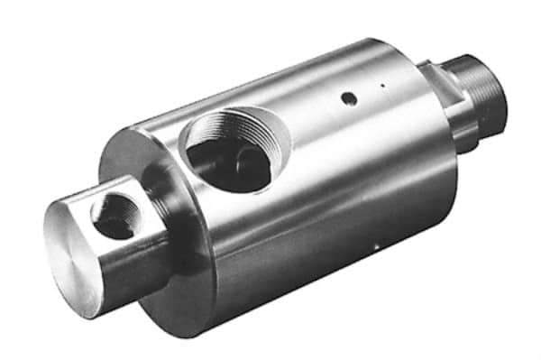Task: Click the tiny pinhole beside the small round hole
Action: click(x=382, y=87)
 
